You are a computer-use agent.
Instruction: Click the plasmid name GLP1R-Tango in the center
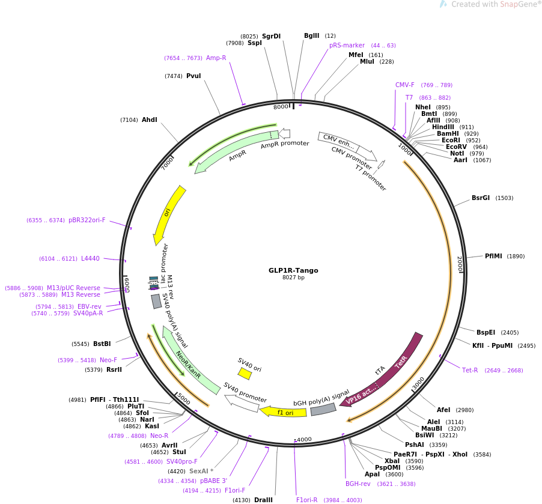click(293, 270)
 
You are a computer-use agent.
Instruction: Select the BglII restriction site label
click(311, 36)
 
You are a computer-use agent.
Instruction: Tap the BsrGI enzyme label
click(480, 198)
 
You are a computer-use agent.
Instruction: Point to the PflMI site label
click(493, 256)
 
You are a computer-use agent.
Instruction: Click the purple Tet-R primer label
click(470, 370)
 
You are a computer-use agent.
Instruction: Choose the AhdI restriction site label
click(149, 120)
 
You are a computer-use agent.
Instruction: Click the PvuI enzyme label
click(193, 76)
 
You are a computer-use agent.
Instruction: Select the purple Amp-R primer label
click(216, 58)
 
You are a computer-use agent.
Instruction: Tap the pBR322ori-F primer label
click(87, 220)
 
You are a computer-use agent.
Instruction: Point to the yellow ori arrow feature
click(169, 213)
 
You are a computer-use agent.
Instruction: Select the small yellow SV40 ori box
click(245, 374)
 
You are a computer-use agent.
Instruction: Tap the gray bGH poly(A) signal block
click(323, 410)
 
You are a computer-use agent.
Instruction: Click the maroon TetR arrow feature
click(400, 363)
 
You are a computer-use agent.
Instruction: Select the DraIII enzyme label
click(263, 500)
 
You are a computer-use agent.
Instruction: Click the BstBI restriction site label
click(102, 344)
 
